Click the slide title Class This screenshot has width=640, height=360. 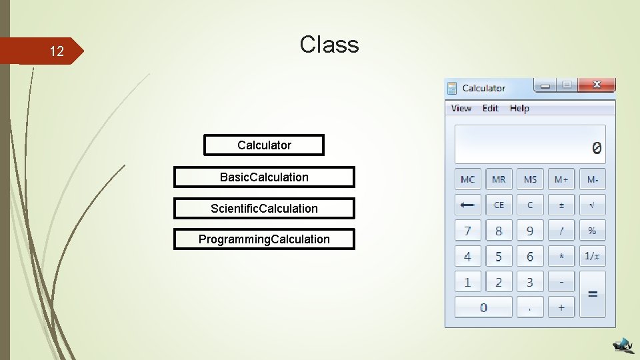[x=329, y=45]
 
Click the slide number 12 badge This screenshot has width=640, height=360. [x=56, y=51]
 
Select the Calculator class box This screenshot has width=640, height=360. [x=264, y=145]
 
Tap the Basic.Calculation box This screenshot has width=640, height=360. [x=264, y=177]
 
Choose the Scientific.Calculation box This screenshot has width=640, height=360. [x=264, y=208]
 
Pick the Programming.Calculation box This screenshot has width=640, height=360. [x=264, y=239]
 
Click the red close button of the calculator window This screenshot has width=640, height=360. [x=596, y=85]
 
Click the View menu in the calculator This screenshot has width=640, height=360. [x=461, y=108]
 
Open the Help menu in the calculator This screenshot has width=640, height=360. [x=519, y=108]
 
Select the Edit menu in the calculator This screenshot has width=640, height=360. [x=490, y=108]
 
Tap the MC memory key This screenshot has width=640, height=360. [x=468, y=179]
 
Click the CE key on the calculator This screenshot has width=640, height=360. [x=499, y=205]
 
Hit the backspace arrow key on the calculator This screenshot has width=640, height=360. [x=468, y=205]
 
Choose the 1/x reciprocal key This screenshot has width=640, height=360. [x=592, y=256]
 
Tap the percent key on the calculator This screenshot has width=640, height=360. [x=592, y=231]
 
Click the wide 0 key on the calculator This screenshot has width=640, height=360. [x=483, y=307]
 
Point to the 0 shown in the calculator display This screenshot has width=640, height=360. [x=596, y=148]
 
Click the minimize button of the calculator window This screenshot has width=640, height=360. [x=547, y=85]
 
